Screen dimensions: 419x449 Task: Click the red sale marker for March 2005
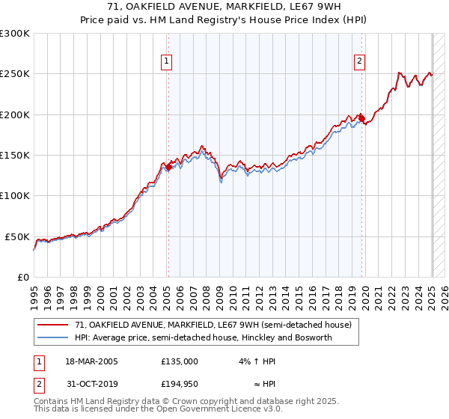[x=168, y=168]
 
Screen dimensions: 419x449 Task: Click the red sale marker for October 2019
[x=362, y=118]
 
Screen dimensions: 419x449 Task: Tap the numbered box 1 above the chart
[x=165, y=62]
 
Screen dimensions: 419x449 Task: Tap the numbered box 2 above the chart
[x=360, y=62]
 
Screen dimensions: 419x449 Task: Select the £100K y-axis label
[x=15, y=196]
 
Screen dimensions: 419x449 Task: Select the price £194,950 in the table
[x=180, y=384]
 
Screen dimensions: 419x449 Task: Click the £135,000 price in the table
[x=180, y=361]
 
